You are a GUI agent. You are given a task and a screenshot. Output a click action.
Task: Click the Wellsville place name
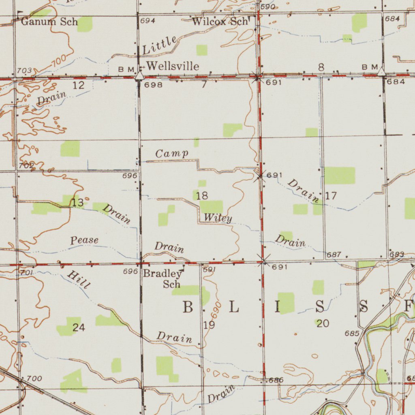pyautogui.click(x=173, y=66)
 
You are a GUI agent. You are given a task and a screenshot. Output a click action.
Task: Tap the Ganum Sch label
pyautogui.click(x=49, y=21)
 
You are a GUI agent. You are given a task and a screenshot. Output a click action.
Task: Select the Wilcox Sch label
pyautogui.click(x=219, y=21)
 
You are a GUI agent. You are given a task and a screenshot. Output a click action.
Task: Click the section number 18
pyautogui.click(x=202, y=196)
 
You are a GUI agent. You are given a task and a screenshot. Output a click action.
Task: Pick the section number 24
pyautogui.click(x=79, y=328)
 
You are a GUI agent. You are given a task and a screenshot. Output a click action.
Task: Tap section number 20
pyautogui.click(x=323, y=323)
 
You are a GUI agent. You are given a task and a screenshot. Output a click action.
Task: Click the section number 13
pyautogui.click(x=78, y=203)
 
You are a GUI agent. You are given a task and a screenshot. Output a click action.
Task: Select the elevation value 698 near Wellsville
pyautogui.click(x=153, y=85)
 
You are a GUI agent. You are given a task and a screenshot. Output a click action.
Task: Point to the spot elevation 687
pyautogui.click(x=334, y=255)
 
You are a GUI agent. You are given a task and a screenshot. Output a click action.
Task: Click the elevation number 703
pyautogui.click(x=24, y=71)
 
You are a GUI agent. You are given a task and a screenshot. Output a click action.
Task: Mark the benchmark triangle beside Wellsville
pyautogui.click(x=139, y=76)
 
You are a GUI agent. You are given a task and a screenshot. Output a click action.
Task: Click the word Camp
pyautogui.click(x=172, y=154)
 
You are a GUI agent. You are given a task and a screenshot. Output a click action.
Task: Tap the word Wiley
pyautogui.click(x=218, y=218)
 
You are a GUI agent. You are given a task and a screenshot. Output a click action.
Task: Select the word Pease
pyautogui.click(x=84, y=240)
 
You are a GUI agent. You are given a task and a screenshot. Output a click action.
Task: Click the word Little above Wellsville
pyautogui.click(x=160, y=45)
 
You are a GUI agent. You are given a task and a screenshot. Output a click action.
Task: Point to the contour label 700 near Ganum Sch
pyautogui.click(x=59, y=62)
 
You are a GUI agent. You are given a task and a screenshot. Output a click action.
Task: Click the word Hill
pyautogui.click(x=78, y=280)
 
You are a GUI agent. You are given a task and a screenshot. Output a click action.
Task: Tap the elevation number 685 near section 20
pyautogui.click(x=352, y=334)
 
